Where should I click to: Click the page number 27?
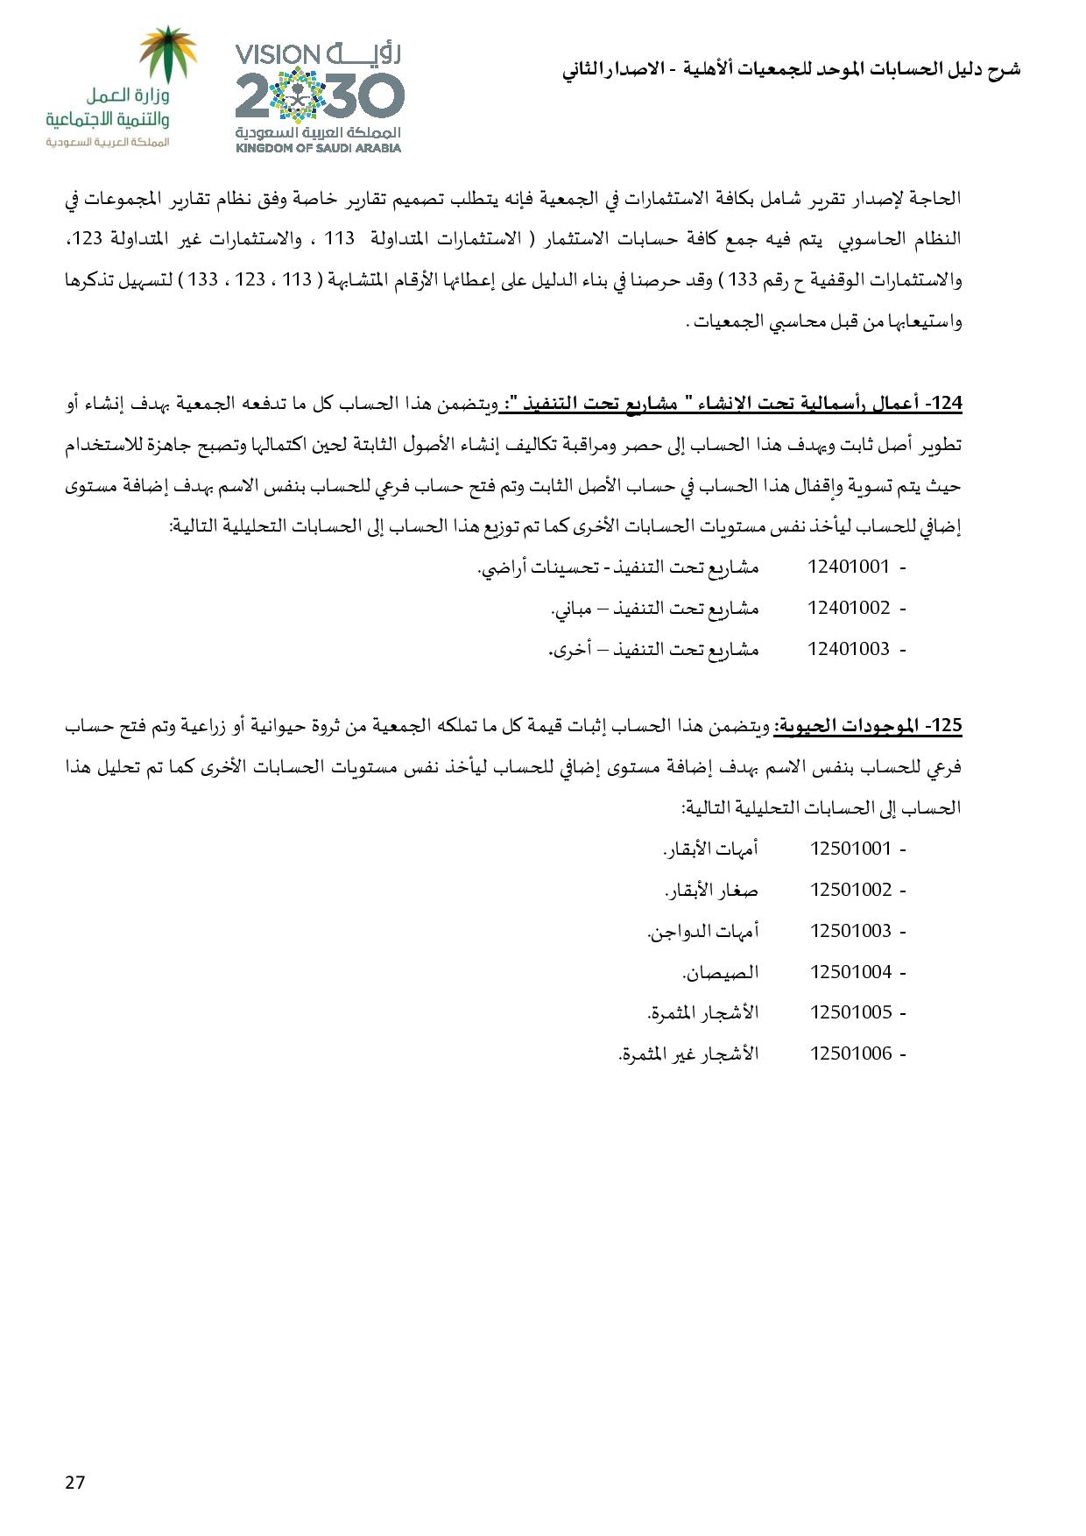pos(74,1482)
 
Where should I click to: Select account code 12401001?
pos(848,567)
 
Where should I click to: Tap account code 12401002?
pos(848,608)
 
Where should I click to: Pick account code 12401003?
pos(848,649)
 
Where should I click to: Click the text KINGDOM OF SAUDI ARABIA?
pos(318,148)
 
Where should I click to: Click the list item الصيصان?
pos(720,972)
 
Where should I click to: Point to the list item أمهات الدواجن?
pos(702,931)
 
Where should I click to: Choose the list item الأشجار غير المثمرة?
pos(688,1053)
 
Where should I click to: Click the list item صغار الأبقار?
pos(711,891)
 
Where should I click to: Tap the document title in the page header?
pos(791,69)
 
